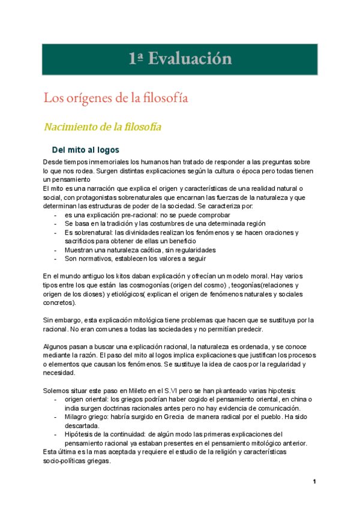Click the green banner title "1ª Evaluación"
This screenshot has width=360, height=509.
[x=179, y=58]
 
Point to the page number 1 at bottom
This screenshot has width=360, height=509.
[x=314, y=482]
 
